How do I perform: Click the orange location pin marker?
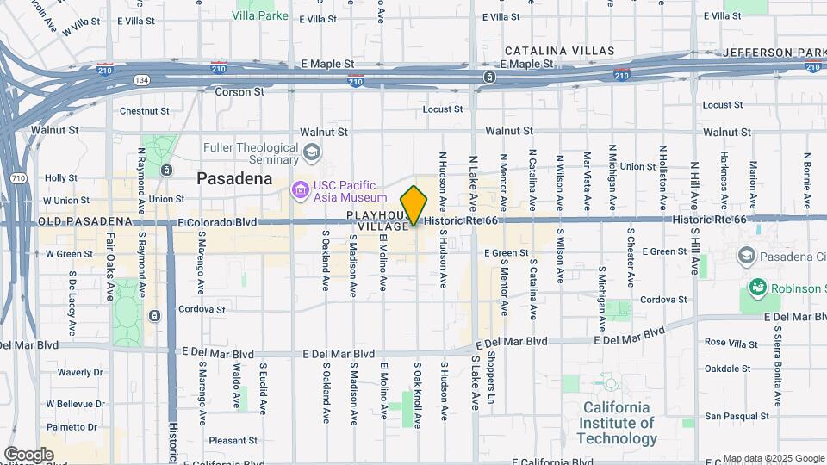tap(414, 205)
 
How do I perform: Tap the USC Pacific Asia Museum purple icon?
tap(300, 189)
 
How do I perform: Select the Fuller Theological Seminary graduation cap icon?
tap(311, 153)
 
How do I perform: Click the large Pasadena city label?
tap(234, 179)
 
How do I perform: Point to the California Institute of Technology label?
tap(618, 423)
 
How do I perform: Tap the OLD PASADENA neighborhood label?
tap(85, 222)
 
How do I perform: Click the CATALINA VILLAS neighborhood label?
tap(560, 52)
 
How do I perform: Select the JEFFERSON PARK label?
tap(774, 53)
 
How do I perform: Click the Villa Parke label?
tap(260, 15)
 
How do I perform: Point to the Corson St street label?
tap(239, 91)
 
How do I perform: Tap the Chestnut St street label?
tap(144, 111)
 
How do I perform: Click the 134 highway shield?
tap(141, 79)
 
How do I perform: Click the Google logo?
tap(28, 454)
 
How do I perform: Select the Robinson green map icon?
tap(758, 287)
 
